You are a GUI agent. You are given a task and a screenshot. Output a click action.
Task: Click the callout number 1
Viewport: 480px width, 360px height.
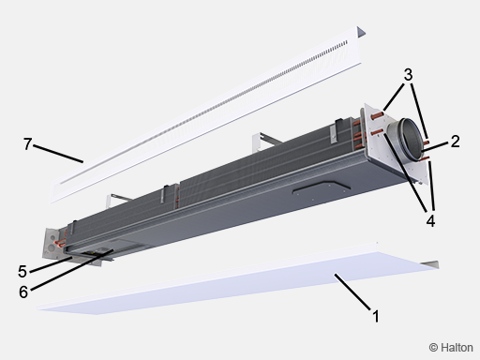click(376, 316)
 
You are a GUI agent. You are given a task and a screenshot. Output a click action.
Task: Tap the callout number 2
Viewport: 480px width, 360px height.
click(456, 142)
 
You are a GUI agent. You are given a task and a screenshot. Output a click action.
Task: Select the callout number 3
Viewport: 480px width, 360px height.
click(408, 75)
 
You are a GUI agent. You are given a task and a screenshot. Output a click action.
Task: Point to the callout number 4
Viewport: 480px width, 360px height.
click(430, 221)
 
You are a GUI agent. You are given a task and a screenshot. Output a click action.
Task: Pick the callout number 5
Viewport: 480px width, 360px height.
click(22, 271)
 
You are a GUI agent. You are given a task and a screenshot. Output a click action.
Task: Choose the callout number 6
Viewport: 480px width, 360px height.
click(23, 292)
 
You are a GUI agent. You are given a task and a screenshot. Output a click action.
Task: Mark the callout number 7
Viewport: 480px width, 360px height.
click(27, 144)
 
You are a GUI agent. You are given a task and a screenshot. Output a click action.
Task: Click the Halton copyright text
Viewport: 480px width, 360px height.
click(451, 348)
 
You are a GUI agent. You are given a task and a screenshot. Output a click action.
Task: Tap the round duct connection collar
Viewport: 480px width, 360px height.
click(406, 139)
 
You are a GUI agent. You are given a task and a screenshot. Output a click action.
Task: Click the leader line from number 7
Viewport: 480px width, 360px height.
click(58, 154)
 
